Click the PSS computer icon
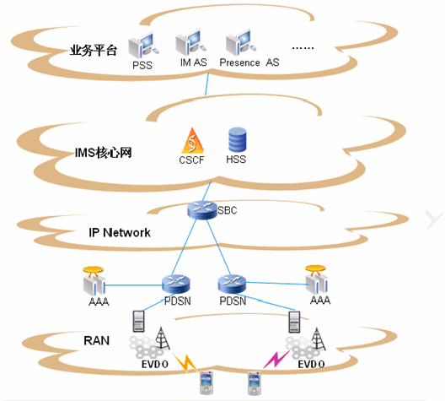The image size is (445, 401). [x=143, y=46]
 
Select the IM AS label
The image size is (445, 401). [x=194, y=62]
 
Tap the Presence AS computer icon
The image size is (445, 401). [x=241, y=42]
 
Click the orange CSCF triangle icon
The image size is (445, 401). [x=192, y=141]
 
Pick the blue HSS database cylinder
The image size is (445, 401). [x=238, y=139]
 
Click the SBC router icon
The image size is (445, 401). [x=202, y=210]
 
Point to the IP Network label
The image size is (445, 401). [x=120, y=232]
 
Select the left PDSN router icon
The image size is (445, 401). [x=176, y=284]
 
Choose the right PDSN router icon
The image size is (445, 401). [x=232, y=284]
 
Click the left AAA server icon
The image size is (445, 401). [x=94, y=281]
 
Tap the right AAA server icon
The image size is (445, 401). [x=316, y=279]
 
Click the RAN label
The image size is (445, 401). [x=96, y=340]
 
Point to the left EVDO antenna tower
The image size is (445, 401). [x=162, y=338]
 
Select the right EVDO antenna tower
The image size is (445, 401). [x=318, y=339]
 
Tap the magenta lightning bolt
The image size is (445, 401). [x=276, y=360]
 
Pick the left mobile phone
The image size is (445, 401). [x=206, y=382]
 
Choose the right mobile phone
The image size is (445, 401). [x=255, y=382]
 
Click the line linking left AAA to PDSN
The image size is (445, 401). [x=133, y=285]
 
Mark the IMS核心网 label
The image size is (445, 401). [x=104, y=153]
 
